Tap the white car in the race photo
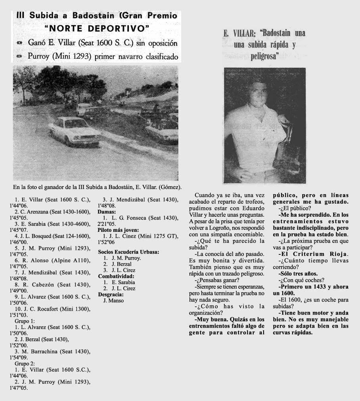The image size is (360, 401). tap(74, 130)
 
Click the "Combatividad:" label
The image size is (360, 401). tap(116, 276)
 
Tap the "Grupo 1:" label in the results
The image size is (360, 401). tap(25, 321)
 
